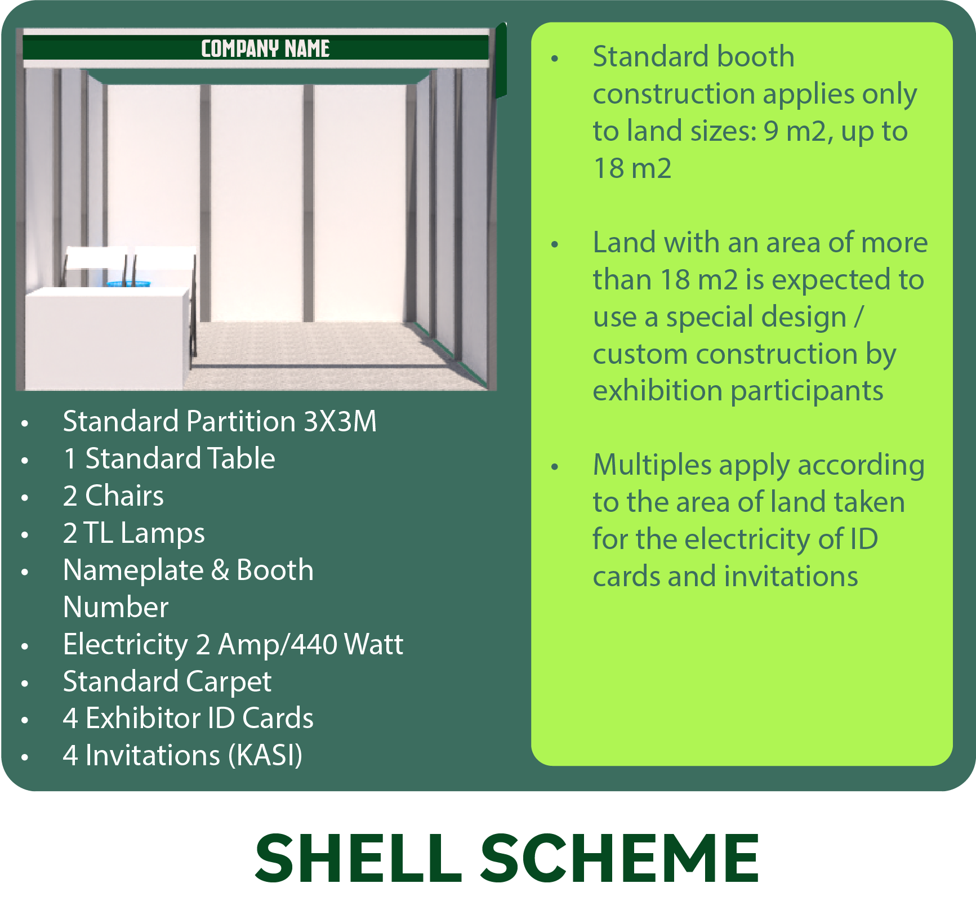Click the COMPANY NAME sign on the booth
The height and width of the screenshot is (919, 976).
pyautogui.click(x=265, y=48)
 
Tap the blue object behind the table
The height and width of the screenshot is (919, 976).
pyautogui.click(x=129, y=284)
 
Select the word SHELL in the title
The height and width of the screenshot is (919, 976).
pyautogui.click(x=359, y=858)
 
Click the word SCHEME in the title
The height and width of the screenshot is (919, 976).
pyautogui.click(x=620, y=858)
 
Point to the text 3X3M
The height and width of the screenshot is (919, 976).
pyautogui.click(x=340, y=421)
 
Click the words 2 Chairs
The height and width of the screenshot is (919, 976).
pyautogui.click(x=113, y=496)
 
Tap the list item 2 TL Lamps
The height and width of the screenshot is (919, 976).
pyautogui.click(x=134, y=533)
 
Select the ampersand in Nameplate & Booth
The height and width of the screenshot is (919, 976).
pyautogui.click(x=220, y=570)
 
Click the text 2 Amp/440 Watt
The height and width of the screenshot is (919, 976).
pyautogui.click(x=300, y=645)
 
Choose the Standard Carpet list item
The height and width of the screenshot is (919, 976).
pyautogui.click(x=167, y=682)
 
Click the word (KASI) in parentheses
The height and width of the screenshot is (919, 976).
pyautogui.click(x=265, y=756)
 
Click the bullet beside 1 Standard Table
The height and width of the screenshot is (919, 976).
pyautogui.click(x=25, y=460)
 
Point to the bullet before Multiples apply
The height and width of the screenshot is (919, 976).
pyautogui.click(x=555, y=466)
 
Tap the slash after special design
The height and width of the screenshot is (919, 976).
pyautogui.click(x=858, y=317)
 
